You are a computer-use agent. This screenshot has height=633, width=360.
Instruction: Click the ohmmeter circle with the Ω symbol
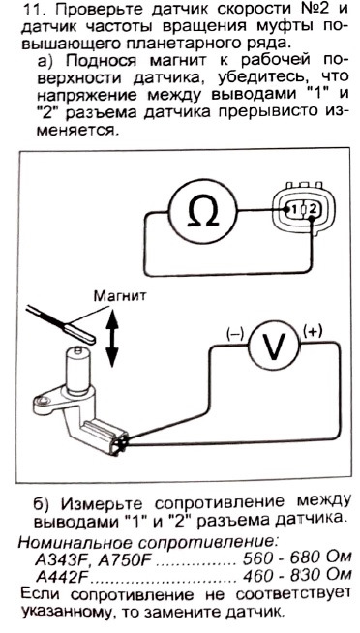pos(202,210)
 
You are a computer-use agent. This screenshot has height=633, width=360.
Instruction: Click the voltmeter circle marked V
pos(274,346)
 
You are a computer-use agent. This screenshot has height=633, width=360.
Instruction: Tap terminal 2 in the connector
pos(312,209)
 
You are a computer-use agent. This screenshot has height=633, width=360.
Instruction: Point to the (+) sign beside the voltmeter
pos(313,331)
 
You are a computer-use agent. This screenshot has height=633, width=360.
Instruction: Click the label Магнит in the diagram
pos(120,296)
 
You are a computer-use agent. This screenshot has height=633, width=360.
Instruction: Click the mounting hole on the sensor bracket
pos(42,401)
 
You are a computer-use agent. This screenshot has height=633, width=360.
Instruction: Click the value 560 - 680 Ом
pos(296,558)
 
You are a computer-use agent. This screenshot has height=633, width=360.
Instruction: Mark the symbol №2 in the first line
pos(312,9)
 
